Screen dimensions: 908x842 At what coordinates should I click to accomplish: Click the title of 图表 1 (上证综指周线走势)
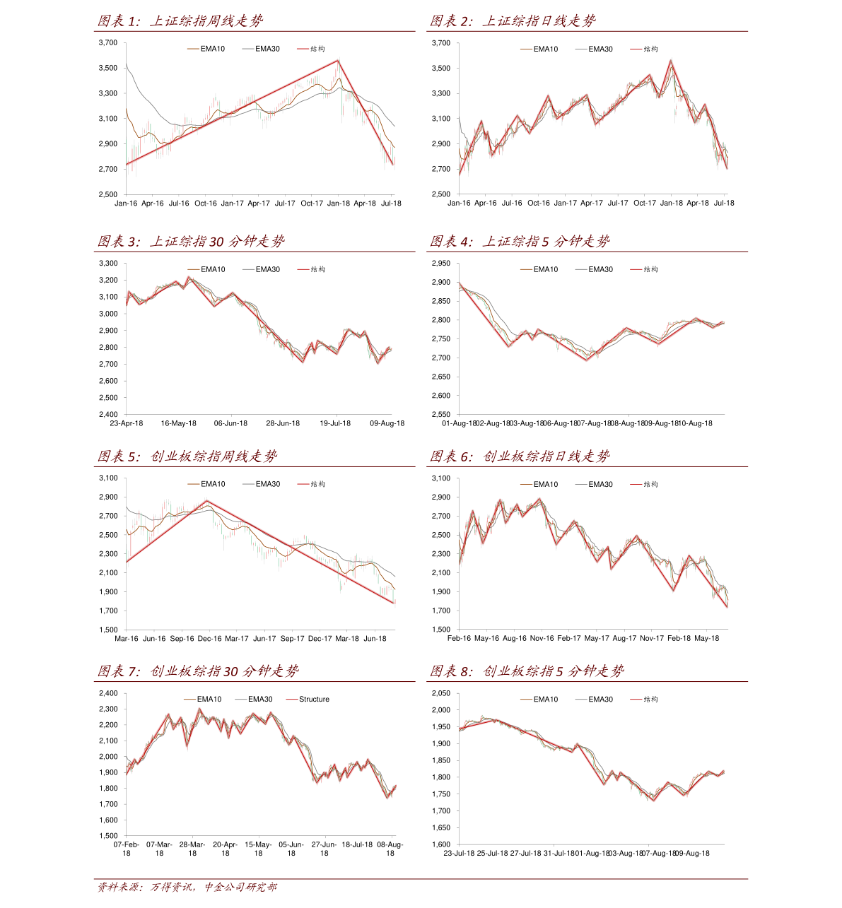pos(180,21)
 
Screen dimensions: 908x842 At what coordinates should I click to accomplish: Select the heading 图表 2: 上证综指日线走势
pos(513,21)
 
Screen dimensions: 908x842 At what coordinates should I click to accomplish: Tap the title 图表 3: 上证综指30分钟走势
pos(191,242)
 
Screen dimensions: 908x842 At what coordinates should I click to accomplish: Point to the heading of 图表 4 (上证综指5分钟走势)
pos(520,242)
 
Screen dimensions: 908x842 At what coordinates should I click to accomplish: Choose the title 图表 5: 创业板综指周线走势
pos(187,456)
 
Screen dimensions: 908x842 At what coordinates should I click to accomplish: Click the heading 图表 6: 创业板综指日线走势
pos(520,456)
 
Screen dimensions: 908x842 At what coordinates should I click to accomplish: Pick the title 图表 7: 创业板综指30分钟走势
pos(198,671)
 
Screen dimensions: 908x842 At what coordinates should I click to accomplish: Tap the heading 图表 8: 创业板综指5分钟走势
pos(527,671)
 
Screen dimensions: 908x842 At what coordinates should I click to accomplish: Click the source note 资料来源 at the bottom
pos(187,888)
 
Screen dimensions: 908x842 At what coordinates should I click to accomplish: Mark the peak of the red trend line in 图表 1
pos(339,61)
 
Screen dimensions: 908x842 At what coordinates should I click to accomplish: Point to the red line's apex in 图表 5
pos(208,501)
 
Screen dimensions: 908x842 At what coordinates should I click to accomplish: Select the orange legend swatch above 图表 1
pos(193,49)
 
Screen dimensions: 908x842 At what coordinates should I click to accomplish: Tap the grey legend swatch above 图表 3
pos(248,269)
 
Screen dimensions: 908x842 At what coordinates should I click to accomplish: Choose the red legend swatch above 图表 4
pos(636,269)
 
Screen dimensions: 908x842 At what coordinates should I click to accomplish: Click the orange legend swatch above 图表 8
pos(526,700)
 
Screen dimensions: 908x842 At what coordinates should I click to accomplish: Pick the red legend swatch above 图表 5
pos(303,484)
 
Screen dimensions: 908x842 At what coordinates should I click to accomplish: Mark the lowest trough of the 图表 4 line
pos(586,360)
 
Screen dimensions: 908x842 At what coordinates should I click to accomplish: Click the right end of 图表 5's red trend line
pos(394,603)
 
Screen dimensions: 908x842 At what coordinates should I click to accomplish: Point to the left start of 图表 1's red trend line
pos(128,164)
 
